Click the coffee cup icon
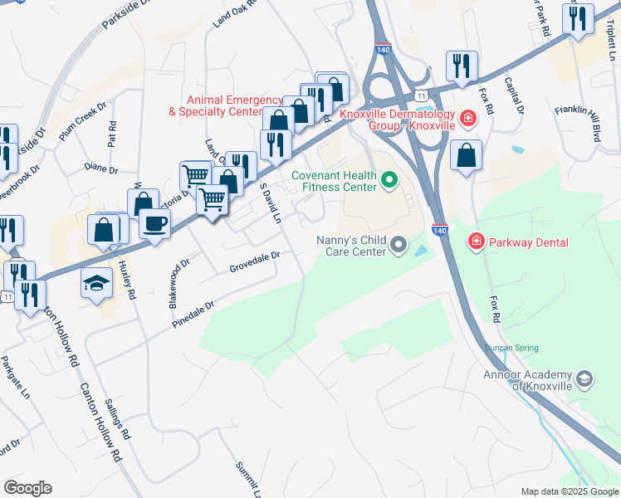pyautogui.click(x=155, y=223)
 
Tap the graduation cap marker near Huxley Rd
pyautogui.click(x=96, y=283)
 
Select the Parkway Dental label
pyautogui.click(x=529, y=242)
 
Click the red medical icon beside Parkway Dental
pyautogui.click(x=477, y=242)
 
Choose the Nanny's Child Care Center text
pyautogui.click(x=352, y=245)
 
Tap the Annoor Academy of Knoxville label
pyautogui.click(x=528, y=380)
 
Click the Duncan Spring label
pyautogui.click(x=512, y=349)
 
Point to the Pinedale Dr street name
pyautogui.click(x=193, y=313)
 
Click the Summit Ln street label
pyautogui.click(x=248, y=479)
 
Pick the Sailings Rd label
pyautogui.click(x=117, y=418)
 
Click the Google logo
pyautogui.click(x=27, y=488)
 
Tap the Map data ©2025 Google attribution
pyautogui.click(x=569, y=491)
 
